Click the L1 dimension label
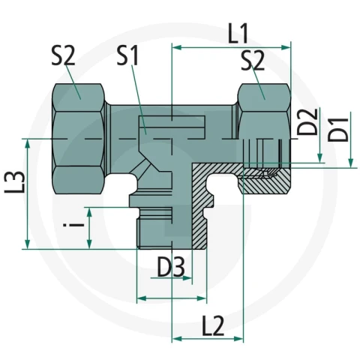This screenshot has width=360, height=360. point(238,33)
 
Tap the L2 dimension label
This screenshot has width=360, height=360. point(213,325)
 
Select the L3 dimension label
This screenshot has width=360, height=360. point(15,181)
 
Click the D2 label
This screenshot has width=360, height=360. point(307,121)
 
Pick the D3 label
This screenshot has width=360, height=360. point(171,267)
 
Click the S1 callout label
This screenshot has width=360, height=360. point(127,56)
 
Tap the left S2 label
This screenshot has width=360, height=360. point(63,56)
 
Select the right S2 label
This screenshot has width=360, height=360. point(253,61)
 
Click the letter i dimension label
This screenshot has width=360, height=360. point(74,224)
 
